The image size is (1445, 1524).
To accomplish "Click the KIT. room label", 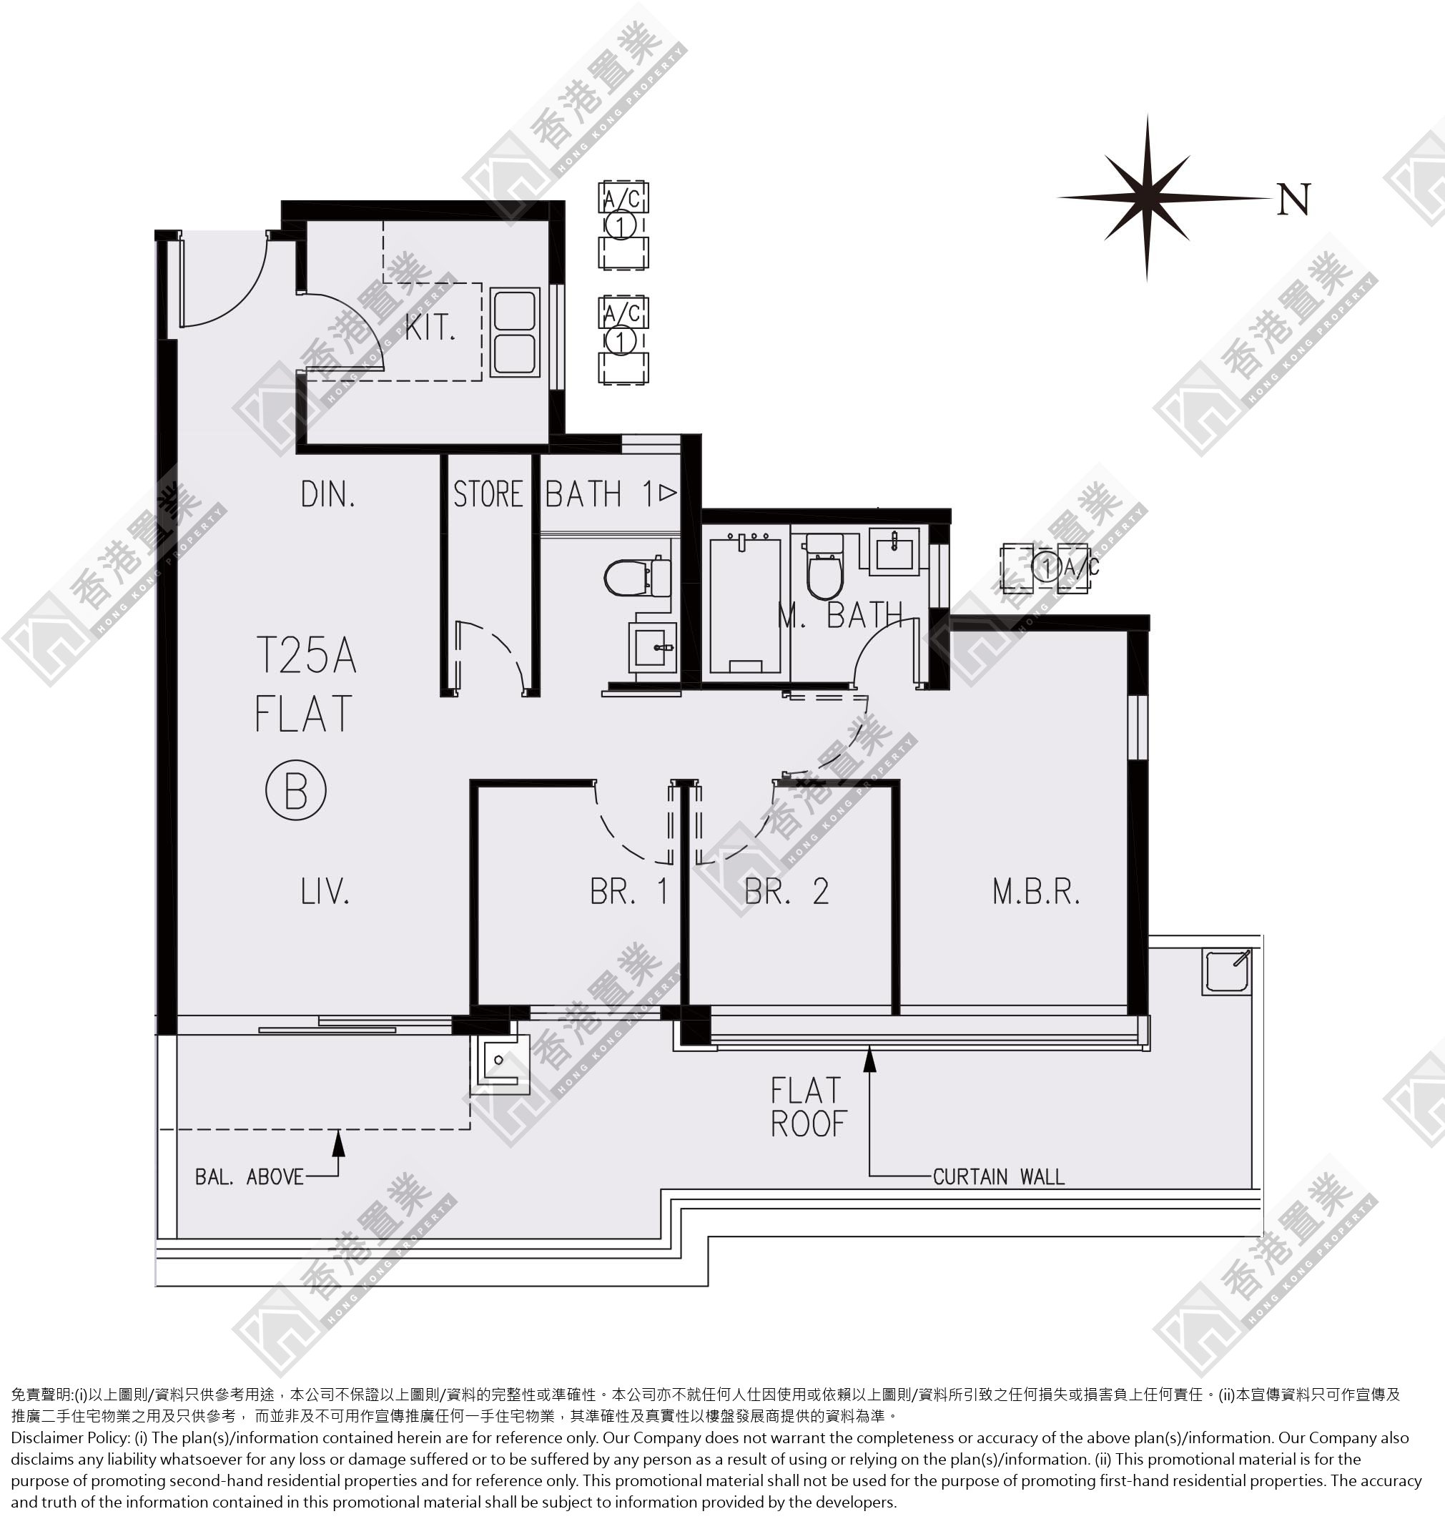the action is [430, 328].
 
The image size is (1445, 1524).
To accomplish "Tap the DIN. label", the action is [329, 495].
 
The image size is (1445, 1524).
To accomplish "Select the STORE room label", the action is [488, 495].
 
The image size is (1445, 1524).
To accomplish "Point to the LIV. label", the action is [325, 891].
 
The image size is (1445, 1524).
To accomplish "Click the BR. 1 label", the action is [628, 891].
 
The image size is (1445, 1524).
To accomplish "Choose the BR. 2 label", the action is [786, 891].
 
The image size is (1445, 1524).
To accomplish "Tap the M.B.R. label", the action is [1036, 891].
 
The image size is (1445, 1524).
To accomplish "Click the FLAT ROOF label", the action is [809, 1107].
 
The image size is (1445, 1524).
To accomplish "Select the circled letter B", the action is [296, 790].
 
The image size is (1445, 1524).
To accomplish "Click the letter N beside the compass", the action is [1293, 200].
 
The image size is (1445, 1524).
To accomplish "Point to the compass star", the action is [1147, 197].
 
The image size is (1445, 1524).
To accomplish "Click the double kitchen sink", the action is [515, 333].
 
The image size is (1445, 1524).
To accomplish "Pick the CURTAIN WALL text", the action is [998, 1176].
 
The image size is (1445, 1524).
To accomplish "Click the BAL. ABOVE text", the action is [250, 1176].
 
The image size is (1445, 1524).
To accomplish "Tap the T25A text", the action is [306, 656].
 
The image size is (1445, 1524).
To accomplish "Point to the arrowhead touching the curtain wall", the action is [870, 1058].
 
